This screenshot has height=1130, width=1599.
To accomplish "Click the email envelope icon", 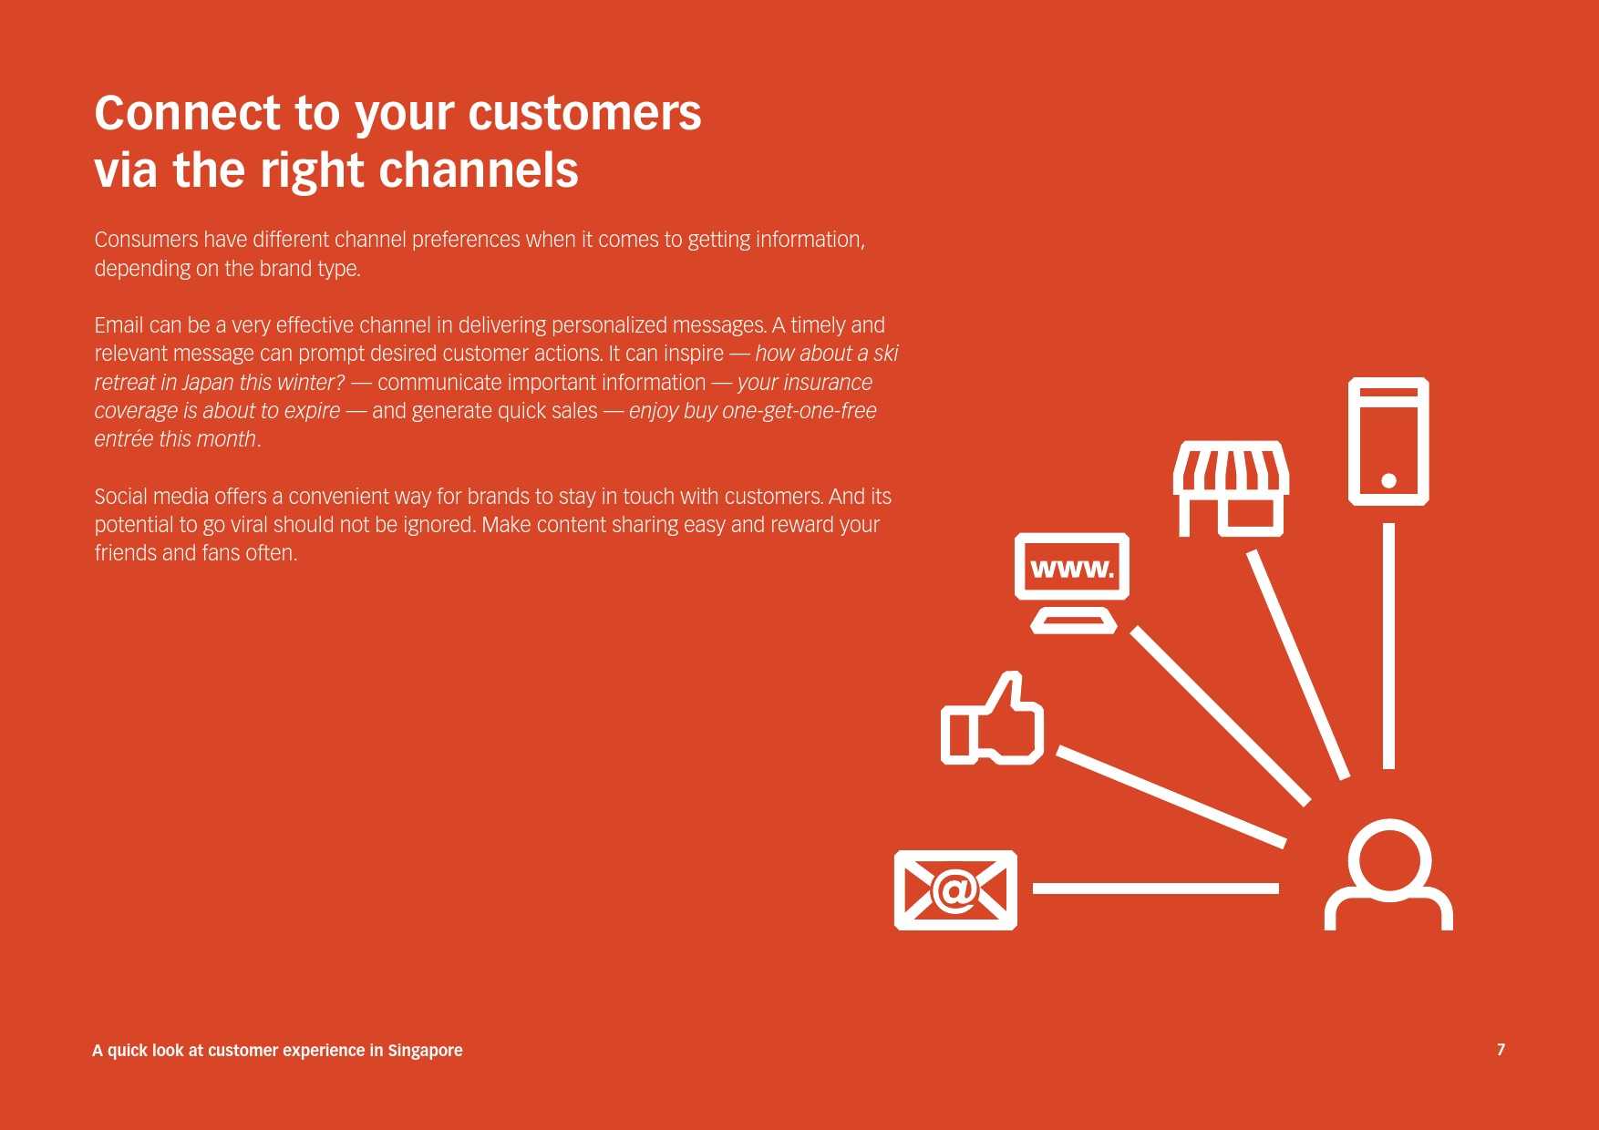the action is click(x=955, y=889).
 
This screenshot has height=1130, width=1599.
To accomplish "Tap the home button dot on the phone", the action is click(x=1388, y=480).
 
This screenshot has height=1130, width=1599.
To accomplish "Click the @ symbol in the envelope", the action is click(x=955, y=889).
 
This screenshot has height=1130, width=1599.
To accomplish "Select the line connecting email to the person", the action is click(x=1155, y=888).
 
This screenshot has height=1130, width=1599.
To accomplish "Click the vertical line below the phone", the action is click(x=1388, y=645).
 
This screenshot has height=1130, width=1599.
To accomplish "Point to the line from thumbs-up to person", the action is click(x=1171, y=796).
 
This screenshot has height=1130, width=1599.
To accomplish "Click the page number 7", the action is click(x=1501, y=1050).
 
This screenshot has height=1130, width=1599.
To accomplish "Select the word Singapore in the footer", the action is click(x=425, y=1051).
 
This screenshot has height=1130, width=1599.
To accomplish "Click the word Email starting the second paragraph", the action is click(x=119, y=325).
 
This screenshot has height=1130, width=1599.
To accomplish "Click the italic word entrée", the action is click(x=124, y=439).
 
